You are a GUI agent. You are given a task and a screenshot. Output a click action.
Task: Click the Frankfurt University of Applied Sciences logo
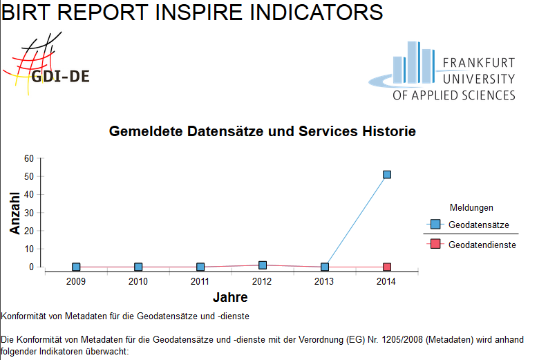click(442, 70)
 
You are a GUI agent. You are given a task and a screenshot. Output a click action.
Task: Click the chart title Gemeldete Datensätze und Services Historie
click(263, 131)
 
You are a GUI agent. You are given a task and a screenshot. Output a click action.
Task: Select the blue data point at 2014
click(387, 175)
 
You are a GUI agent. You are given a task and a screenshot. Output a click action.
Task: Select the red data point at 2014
click(387, 267)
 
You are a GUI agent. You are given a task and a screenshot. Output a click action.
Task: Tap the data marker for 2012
click(263, 265)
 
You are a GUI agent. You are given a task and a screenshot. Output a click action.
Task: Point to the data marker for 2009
click(76, 267)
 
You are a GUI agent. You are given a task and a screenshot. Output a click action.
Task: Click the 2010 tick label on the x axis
click(138, 281)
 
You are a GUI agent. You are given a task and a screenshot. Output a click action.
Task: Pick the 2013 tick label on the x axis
click(325, 281)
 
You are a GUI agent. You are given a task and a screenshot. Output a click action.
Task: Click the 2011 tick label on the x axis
click(200, 281)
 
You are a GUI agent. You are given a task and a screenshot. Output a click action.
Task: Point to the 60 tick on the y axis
click(29, 158)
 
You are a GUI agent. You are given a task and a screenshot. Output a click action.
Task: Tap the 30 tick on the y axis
click(29, 213)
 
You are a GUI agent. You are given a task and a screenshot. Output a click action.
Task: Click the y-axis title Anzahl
click(15, 213)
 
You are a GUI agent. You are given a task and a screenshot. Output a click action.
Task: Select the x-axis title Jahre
click(230, 298)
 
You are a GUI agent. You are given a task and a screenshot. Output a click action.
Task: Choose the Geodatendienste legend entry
click(482, 245)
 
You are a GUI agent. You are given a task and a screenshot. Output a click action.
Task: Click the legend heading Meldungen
click(471, 207)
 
